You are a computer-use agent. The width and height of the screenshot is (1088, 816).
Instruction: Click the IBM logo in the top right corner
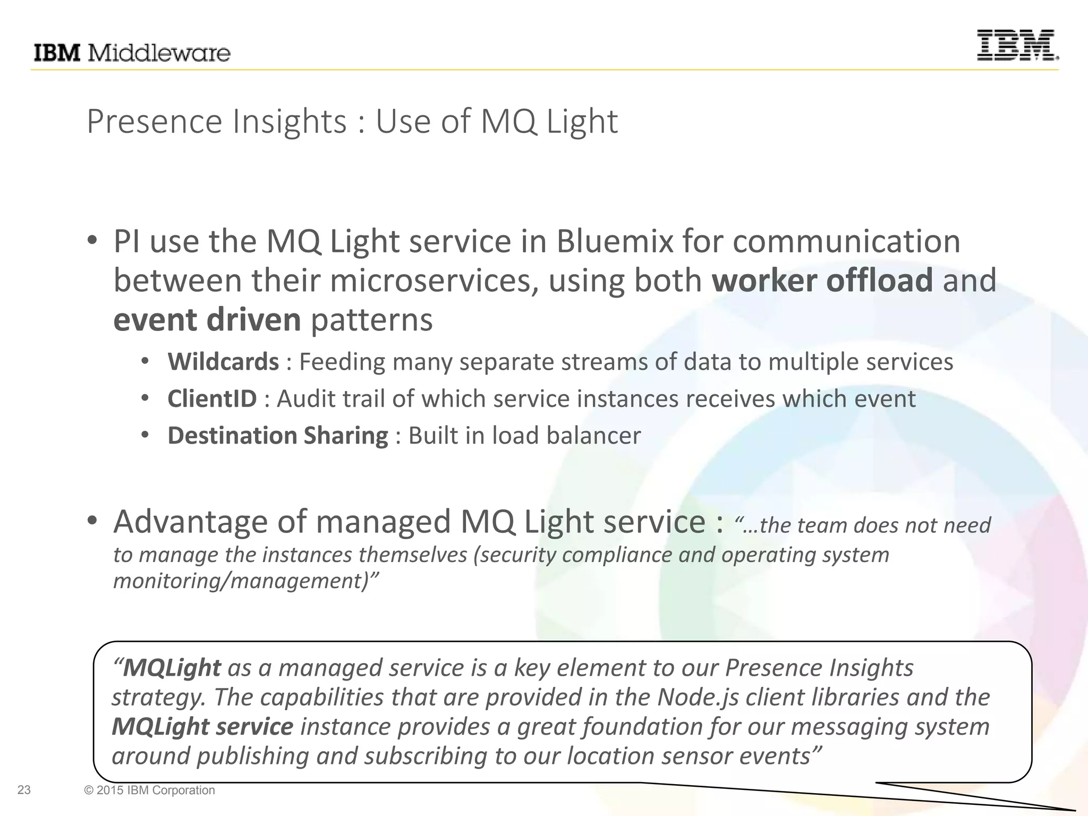click(1017, 45)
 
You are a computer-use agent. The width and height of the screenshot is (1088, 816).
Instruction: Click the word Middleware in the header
click(158, 53)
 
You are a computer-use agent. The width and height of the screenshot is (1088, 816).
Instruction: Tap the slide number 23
click(24, 790)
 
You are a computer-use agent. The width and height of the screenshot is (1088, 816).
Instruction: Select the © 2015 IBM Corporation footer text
click(149, 790)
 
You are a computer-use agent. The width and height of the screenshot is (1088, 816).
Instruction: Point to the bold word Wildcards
click(223, 362)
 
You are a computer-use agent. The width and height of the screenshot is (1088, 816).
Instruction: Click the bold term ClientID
click(212, 399)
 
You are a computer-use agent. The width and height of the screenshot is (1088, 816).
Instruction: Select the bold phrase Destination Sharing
click(278, 436)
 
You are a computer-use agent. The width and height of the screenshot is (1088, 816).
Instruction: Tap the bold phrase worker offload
click(822, 280)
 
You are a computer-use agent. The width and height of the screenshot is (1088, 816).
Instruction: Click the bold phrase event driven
click(207, 320)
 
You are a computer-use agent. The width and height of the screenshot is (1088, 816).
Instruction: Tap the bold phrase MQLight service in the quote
click(202, 727)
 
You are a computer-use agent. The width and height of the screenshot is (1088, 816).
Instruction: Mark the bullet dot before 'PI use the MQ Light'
click(92, 241)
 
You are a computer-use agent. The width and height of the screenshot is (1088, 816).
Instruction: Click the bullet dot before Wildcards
click(145, 362)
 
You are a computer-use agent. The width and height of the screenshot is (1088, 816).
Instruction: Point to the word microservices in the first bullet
click(430, 280)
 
